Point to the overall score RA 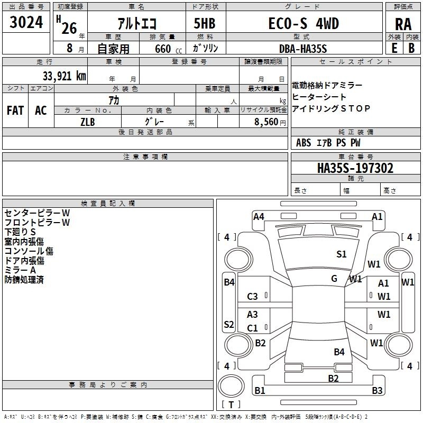(403, 24)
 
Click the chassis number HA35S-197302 (355, 168)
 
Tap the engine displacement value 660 (161, 48)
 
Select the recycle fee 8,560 (266, 122)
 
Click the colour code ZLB (88, 122)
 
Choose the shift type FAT (15, 111)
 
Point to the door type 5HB (205, 24)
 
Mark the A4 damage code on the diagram (259, 216)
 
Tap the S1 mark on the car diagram (342, 254)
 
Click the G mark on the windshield (334, 279)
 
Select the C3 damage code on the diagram (253, 297)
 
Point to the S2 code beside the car (229, 325)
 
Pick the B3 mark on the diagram (377, 391)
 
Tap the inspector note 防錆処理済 (24, 280)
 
